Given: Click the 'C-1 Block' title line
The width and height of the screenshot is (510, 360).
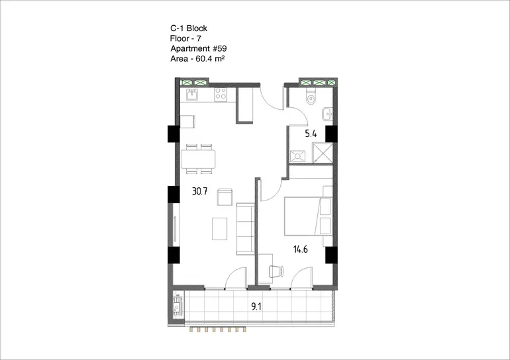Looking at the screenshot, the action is pyautogui.click(x=189, y=28).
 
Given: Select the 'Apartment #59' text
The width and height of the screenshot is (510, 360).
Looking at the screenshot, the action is pyautogui.click(x=199, y=48).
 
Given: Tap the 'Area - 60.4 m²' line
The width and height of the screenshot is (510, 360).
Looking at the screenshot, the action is pyautogui.click(x=198, y=58).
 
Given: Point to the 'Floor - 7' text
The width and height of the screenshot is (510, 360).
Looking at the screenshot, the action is pyautogui.click(x=185, y=38).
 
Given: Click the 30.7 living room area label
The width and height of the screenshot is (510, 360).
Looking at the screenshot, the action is pyautogui.click(x=200, y=191).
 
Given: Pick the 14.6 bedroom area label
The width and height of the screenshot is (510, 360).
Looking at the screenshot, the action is pyautogui.click(x=300, y=249).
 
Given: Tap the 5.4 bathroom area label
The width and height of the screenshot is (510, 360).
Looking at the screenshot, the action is pyautogui.click(x=311, y=134).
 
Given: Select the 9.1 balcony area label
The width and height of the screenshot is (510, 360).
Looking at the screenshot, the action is pyautogui.click(x=256, y=306).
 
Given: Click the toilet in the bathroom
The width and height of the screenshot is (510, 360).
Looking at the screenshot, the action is pyautogui.click(x=311, y=96).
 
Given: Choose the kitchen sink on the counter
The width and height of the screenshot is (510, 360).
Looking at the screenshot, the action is pyautogui.click(x=192, y=94).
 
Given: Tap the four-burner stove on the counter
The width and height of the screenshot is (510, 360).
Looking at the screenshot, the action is pyautogui.click(x=221, y=94).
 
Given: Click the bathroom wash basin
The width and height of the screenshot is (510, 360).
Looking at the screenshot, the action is pyautogui.click(x=327, y=114).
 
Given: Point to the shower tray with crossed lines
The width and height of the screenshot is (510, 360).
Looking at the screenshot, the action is pyautogui.click(x=323, y=152).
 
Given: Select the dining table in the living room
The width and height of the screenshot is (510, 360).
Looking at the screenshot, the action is pyautogui.click(x=198, y=159).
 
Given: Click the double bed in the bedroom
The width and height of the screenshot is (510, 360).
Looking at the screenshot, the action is pyautogui.click(x=308, y=216).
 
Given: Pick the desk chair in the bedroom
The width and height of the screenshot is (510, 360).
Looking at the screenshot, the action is pyautogui.click(x=276, y=271).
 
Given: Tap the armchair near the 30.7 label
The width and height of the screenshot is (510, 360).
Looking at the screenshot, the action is pyautogui.click(x=225, y=197).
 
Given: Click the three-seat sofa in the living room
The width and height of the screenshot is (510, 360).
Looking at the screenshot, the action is pyautogui.click(x=245, y=229).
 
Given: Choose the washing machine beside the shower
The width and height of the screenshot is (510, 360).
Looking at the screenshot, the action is pyautogui.click(x=297, y=156).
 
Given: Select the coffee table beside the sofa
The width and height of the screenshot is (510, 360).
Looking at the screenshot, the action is pyautogui.click(x=219, y=229).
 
